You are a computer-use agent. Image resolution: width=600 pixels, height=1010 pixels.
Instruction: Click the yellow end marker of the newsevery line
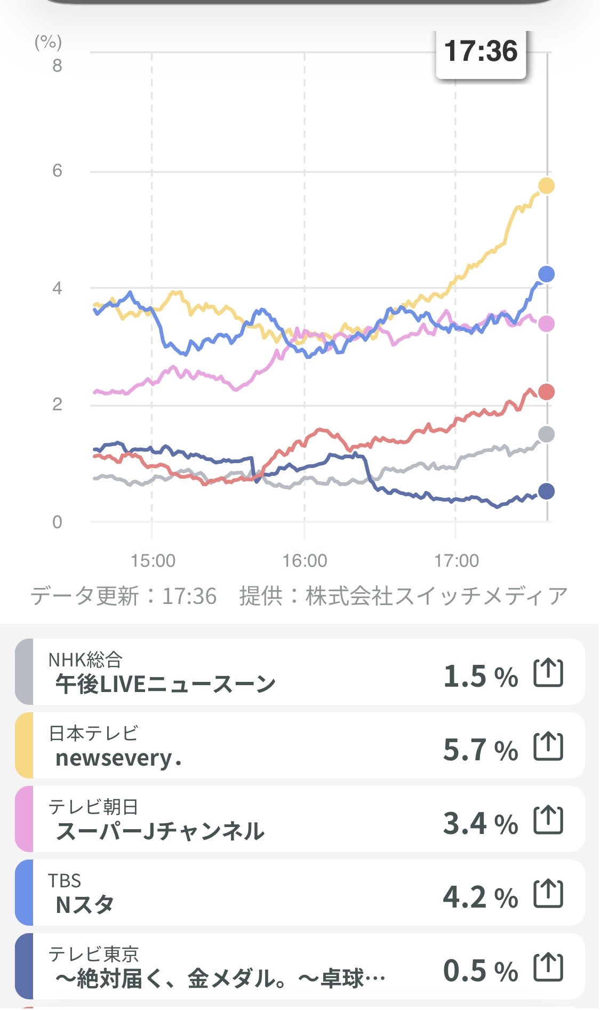click(546, 186)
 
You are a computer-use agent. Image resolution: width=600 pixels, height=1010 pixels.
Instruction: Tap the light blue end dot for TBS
click(546, 274)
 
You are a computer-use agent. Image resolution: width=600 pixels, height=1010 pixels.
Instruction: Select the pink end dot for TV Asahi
click(546, 323)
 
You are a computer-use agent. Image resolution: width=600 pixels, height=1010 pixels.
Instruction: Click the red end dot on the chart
click(546, 392)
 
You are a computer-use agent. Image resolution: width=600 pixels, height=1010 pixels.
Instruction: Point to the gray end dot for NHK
click(546, 434)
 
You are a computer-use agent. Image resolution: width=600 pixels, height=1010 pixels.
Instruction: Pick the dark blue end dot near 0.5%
click(546, 491)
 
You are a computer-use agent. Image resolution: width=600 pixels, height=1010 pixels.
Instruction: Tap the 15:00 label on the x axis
click(153, 561)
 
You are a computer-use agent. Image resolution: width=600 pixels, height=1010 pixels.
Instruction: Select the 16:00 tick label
click(305, 561)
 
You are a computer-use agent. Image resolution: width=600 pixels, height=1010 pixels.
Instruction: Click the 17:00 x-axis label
click(456, 561)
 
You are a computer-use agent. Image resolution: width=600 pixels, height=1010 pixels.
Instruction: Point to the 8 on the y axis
click(57, 66)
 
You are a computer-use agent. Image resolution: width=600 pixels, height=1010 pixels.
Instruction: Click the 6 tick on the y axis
click(57, 171)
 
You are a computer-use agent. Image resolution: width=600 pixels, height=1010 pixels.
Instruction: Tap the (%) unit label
click(49, 42)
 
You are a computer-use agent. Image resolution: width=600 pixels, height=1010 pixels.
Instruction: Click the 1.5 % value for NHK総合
click(481, 676)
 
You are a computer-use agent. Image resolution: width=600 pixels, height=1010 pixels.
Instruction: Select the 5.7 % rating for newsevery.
click(481, 750)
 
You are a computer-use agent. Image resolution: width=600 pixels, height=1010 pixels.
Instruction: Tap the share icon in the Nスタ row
click(548, 894)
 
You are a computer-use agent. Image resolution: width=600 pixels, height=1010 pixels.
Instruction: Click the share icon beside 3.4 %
click(548, 820)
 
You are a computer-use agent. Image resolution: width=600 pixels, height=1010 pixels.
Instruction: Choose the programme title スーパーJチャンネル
click(160, 831)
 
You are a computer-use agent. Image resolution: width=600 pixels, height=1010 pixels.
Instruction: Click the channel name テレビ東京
click(93, 954)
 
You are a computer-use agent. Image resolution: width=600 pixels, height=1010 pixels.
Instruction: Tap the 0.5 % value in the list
click(481, 971)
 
